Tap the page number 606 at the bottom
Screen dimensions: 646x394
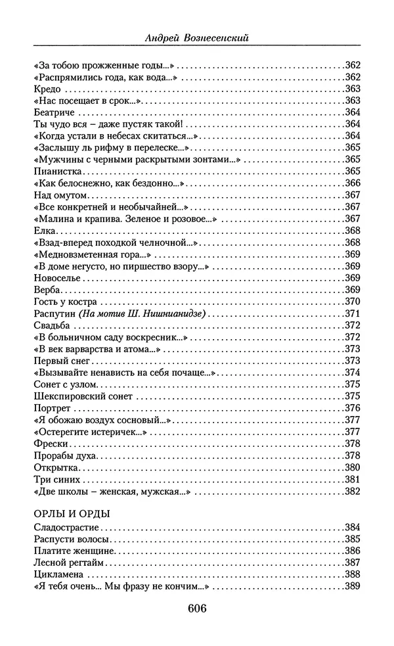click(197, 608)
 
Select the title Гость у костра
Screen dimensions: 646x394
click(64, 301)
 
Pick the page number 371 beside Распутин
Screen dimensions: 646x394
click(353, 313)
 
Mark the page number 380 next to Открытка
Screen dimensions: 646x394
click(353, 467)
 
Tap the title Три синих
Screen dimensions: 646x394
click(55, 478)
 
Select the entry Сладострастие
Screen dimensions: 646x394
click(65, 527)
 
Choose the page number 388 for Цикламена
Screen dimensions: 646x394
click(353, 574)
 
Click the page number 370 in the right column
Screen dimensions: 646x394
click(353, 301)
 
